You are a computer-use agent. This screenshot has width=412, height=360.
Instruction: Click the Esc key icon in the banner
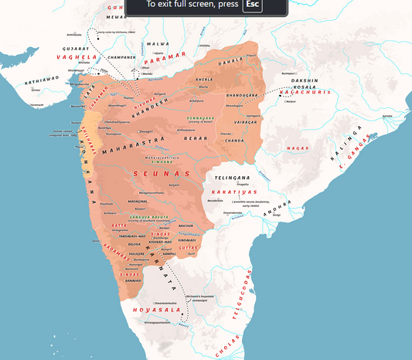(252, 5)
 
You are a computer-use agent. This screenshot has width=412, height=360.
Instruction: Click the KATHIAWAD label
(39, 80)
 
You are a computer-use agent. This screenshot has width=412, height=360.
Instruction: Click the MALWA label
(158, 44)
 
